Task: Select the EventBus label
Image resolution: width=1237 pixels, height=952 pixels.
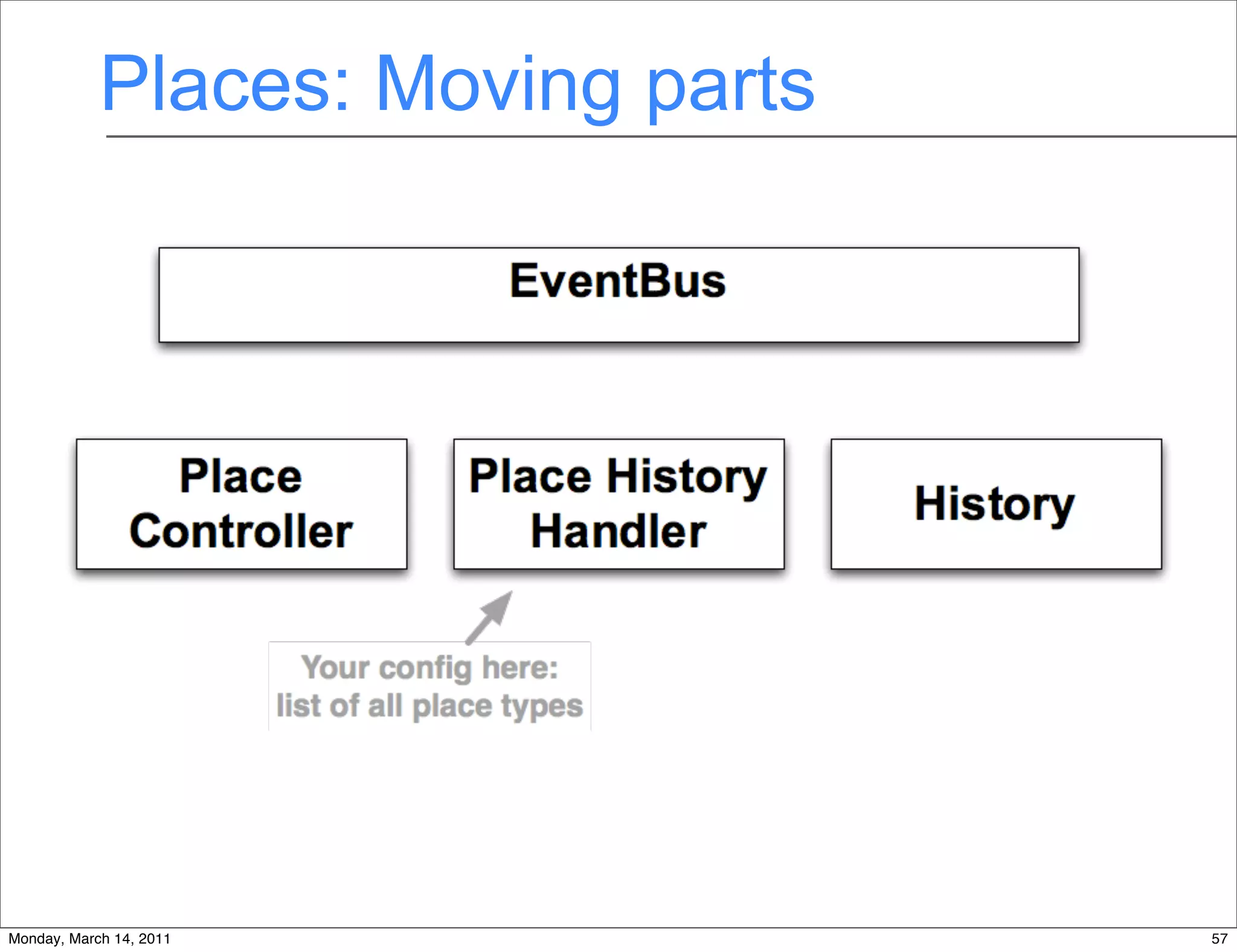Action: click(x=618, y=281)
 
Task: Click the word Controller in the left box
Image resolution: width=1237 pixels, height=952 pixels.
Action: click(x=241, y=532)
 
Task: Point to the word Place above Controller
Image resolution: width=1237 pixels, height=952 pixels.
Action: click(x=241, y=477)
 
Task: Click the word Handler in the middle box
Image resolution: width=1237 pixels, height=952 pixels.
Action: click(x=618, y=532)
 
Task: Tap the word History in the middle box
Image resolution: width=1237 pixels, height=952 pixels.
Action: click(x=687, y=478)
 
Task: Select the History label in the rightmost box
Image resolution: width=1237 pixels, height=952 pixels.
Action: click(x=995, y=504)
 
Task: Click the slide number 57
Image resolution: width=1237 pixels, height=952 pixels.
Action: click(x=1219, y=939)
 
